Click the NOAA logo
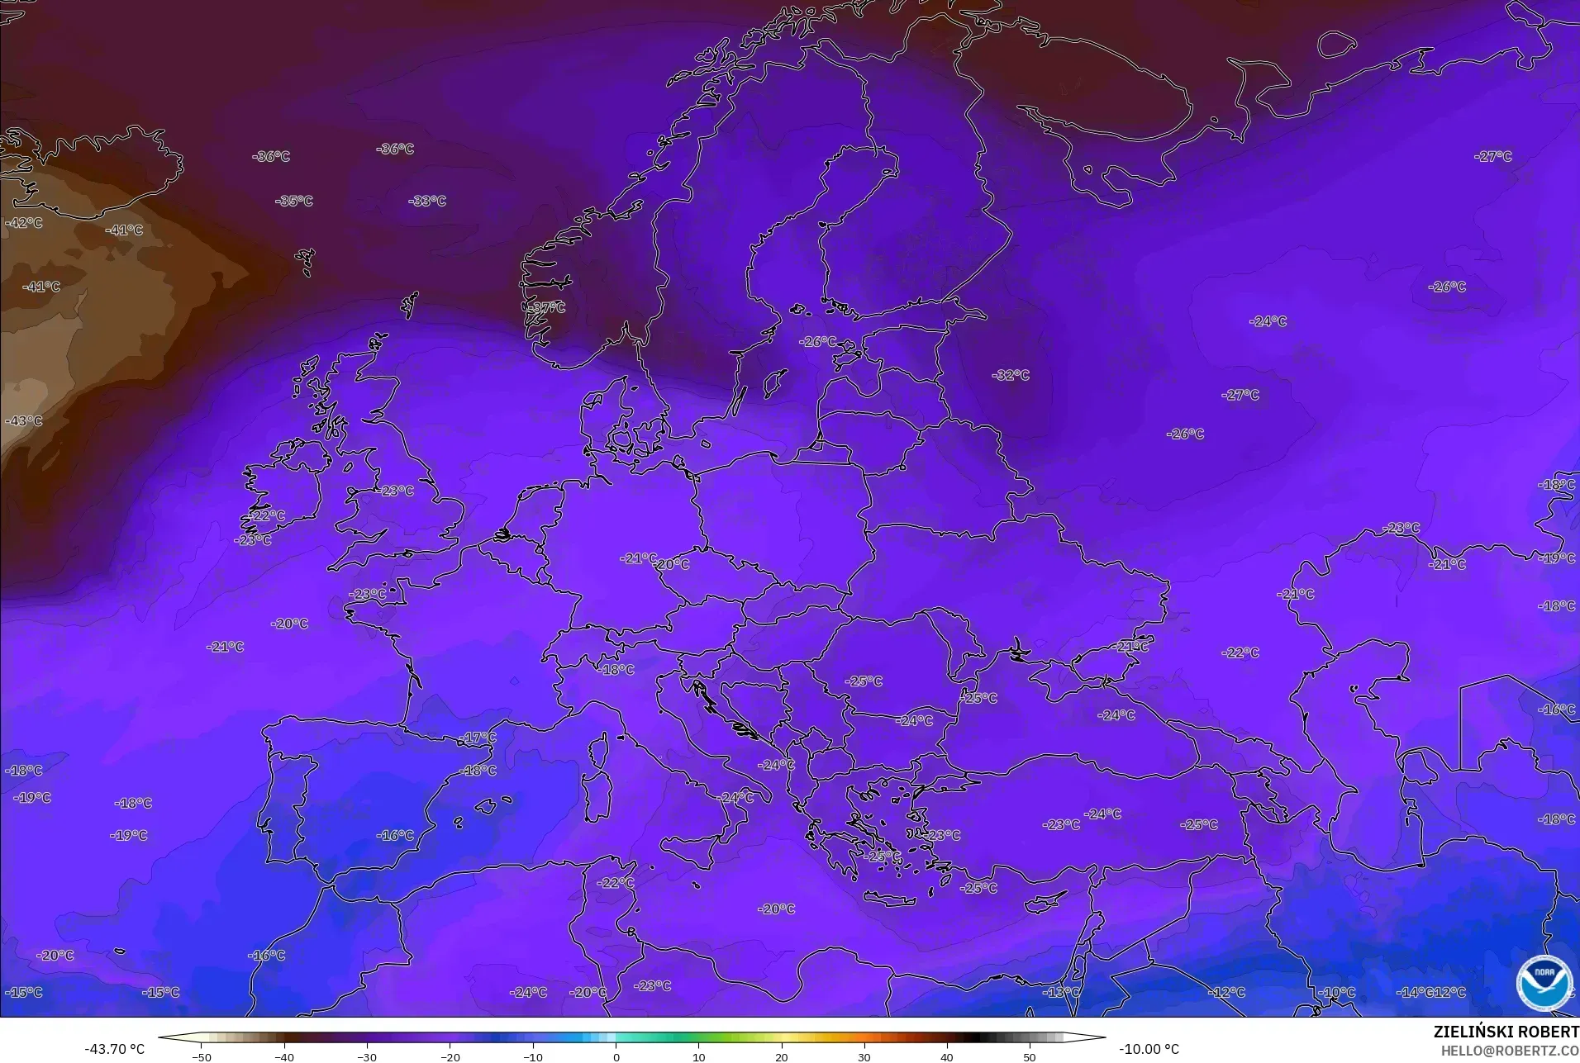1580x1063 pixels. click(1544, 982)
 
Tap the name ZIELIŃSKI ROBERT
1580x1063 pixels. click(1506, 1032)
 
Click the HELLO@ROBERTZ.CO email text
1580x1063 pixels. click(1510, 1051)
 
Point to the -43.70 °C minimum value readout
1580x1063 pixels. click(114, 1049)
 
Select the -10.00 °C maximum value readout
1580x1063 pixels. click(1149, 1049)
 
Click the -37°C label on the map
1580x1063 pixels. click(547, 307)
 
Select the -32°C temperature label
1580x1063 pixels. click(1011, 375)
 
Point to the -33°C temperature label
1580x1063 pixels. click(427, 201)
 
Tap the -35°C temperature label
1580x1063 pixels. click(294, 201)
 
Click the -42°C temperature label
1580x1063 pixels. click(24, 222)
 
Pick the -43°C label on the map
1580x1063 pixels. click(24, 420)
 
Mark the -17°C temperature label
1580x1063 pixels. click(478, 738)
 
